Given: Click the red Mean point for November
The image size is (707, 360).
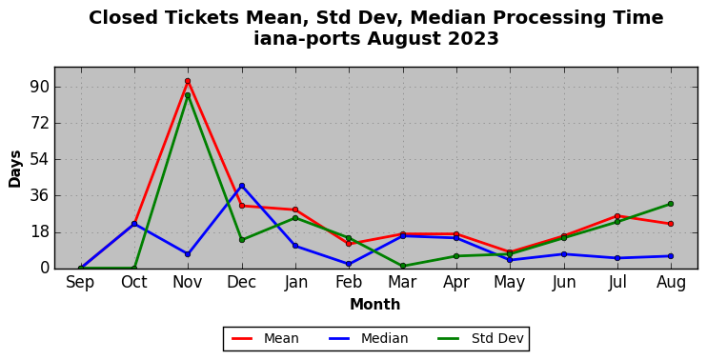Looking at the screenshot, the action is pyautogui.click(x=188, y=81).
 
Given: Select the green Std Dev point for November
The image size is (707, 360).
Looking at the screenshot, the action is pyautogui.click(x=188, y=95).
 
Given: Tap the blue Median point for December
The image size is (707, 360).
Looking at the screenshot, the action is pyautogui.click(x=242, y=186).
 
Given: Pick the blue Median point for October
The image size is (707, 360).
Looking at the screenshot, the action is pyautogui.click(x=134, y=224).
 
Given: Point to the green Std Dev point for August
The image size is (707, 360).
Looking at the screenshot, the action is pyautogui.click(x=671, y=204).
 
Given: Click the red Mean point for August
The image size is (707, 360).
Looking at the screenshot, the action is pyautogui.click(x=671, y=224).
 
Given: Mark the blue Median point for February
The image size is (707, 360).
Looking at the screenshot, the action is pyautogui.click(x=349, y=264).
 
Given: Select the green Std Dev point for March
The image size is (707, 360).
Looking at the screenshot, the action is pyautogui.click(x=403, y=266).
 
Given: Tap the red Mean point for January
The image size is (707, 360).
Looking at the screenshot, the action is pyautogui.click(x=295, y=210).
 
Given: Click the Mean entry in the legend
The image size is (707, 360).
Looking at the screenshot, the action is pyautogui.click(x=265, y=338).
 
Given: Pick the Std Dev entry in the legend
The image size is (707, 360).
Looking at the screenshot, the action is pyautogui.click(x=480, y=338).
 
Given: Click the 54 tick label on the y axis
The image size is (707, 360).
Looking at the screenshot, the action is pyautogui.click(x=40, y=159).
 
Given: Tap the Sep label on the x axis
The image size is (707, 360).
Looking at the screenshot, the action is pyautogui.click(x=80, y=283).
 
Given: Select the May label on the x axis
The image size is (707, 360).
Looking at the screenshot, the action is pyautogui.click(x=510, y=283).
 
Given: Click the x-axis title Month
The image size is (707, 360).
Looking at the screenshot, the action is pyautogui.click(x=375, y=304).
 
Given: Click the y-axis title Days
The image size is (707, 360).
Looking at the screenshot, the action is pyautogui.click(x=15, y=169).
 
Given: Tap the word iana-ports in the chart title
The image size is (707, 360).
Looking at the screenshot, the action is pyautogui.click(x=307, y=38).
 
